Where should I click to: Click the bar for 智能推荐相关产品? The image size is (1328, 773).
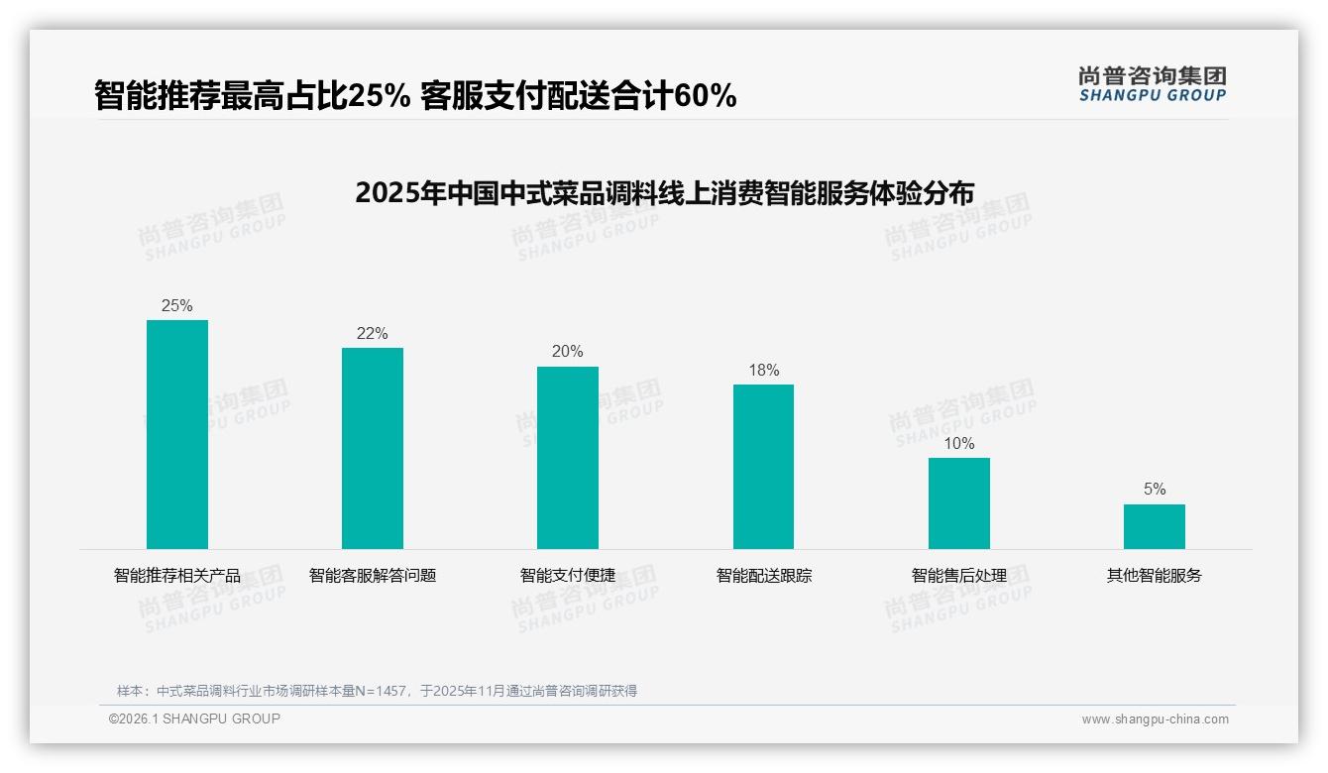(177, 434)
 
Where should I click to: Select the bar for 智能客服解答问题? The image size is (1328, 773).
(373, 448)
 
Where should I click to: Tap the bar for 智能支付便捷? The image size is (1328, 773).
(568, 457)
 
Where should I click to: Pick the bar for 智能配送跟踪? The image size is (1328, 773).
(763, 466)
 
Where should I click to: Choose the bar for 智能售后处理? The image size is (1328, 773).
(958, 502)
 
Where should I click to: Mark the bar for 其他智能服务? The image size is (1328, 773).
(1154, 526)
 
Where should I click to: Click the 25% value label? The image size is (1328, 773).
(177, 305)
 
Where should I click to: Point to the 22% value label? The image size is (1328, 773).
(373, 333)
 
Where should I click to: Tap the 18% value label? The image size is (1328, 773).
(763, 370)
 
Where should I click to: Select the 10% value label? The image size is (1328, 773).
(958, 443)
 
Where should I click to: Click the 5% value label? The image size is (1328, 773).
(1154, 489)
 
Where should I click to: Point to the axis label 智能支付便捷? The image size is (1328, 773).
(568, 575)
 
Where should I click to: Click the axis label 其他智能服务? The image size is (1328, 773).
(1154, 575)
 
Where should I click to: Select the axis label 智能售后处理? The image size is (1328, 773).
(958, 575)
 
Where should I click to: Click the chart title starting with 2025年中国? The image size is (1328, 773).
(664, 192)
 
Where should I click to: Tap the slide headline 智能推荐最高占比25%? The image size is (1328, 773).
(415, 95)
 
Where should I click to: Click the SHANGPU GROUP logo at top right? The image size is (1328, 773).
(1152, 83)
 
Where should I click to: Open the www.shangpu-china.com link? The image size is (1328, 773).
(1155, 719)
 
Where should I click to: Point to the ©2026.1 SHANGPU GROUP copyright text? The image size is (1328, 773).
(194, 718)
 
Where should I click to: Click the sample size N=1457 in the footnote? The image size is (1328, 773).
(382, 691)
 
